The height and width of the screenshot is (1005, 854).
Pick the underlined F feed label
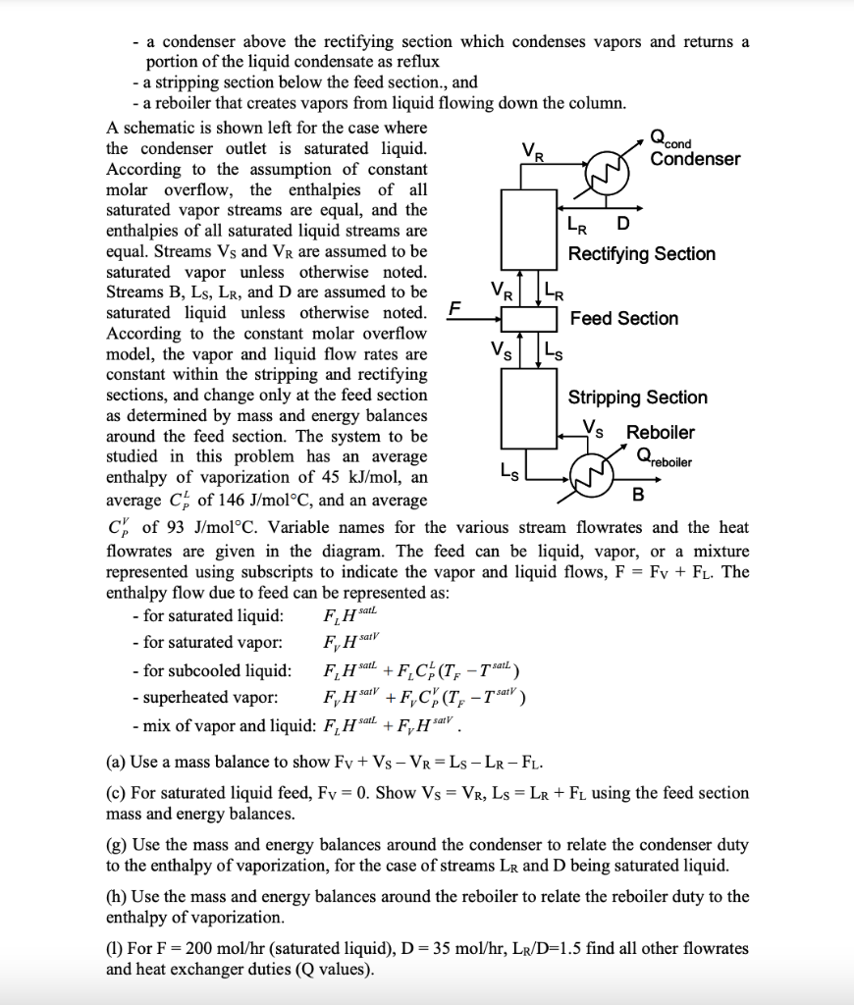tap(453, 308)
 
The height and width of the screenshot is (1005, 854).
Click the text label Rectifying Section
tap(642, 254)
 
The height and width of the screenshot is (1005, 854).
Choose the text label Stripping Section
tap(637, 397)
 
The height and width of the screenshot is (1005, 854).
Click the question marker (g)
tap(117, 844)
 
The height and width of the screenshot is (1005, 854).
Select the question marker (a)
tap(117, 762)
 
